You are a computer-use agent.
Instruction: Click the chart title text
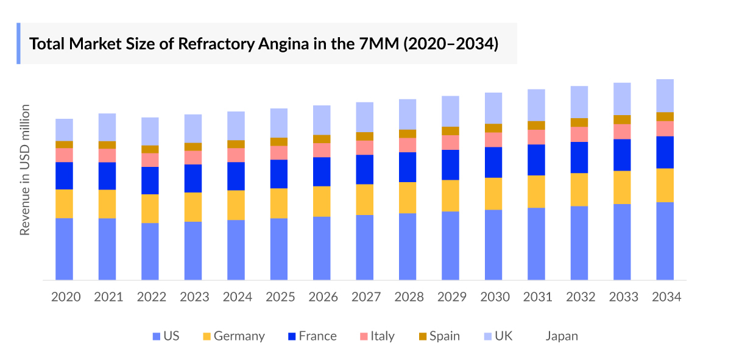point(264,44)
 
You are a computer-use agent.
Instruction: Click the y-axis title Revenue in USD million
point(25,170)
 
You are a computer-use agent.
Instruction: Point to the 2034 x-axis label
point(666,297)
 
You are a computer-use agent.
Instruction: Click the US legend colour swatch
point(157,336)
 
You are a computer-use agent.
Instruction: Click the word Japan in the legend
point(562,336)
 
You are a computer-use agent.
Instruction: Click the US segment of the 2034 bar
point(665,241)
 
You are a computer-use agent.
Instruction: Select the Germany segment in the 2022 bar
point(150,208)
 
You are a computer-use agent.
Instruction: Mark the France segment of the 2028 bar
point(408,167)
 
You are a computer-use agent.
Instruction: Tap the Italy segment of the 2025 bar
point(279,152)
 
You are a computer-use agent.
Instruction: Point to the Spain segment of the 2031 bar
point(537,125)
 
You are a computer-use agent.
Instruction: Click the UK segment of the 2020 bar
point(65,130)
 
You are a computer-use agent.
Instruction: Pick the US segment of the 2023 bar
point(193,250)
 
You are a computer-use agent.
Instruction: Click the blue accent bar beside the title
point(18,44)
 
